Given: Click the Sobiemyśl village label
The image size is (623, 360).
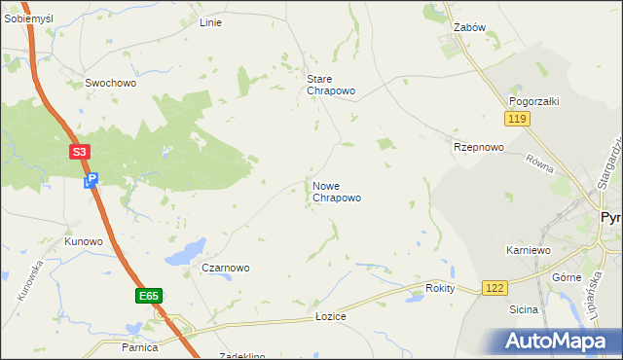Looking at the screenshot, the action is pos(27,18).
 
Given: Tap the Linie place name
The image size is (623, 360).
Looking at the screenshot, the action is pos(210,22).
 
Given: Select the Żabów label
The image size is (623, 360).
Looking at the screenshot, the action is pos(469,28).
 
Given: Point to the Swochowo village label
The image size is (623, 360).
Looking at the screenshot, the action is pos(110,84).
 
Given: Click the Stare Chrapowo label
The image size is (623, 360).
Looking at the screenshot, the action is pos(331,85).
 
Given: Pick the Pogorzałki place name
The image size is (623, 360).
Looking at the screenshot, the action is pos(532,101).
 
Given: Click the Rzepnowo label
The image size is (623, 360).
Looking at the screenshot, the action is pos(479,147).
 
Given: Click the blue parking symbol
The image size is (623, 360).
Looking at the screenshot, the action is pos(92,180).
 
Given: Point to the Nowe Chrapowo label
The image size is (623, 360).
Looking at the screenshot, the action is pos(337,191).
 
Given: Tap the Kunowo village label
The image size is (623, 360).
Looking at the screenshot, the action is pos(84,241).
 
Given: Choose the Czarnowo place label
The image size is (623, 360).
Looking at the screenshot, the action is pos(226,268).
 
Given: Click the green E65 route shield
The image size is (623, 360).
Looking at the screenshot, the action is pos(148,296).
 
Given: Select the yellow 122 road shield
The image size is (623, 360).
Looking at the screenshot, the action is pos(495,288).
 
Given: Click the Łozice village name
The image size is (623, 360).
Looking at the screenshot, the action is pos(331,317).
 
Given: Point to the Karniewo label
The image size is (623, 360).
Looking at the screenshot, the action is pos(529,250).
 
